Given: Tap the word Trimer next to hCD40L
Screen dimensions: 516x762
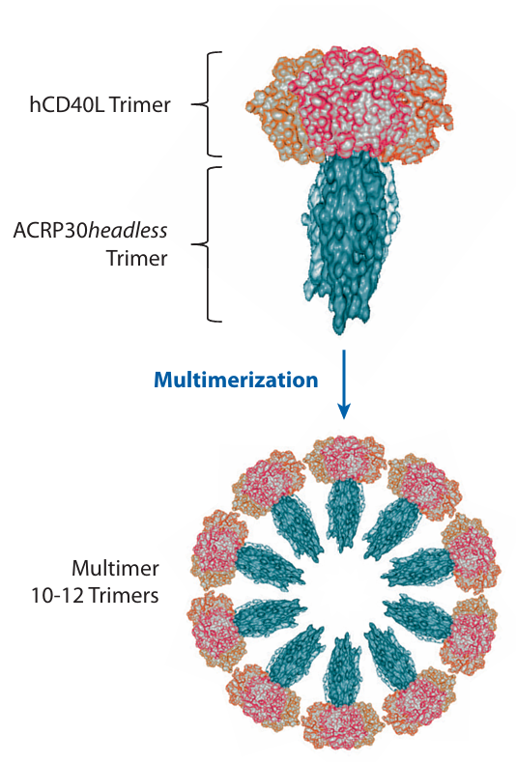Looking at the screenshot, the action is point(139,104).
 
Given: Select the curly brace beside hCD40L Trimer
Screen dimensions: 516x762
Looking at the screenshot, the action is point(208,104).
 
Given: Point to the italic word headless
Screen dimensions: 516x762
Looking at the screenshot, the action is point(128,231).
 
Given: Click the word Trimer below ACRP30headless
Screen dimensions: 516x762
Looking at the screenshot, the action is point(136,258).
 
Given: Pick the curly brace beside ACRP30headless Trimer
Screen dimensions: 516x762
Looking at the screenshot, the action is point(208,244).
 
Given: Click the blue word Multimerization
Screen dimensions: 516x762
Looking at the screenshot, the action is point(236,380).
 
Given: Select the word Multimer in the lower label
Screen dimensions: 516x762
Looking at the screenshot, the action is point(115,568).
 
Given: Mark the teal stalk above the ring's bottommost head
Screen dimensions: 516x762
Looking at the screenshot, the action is point(344,669).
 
